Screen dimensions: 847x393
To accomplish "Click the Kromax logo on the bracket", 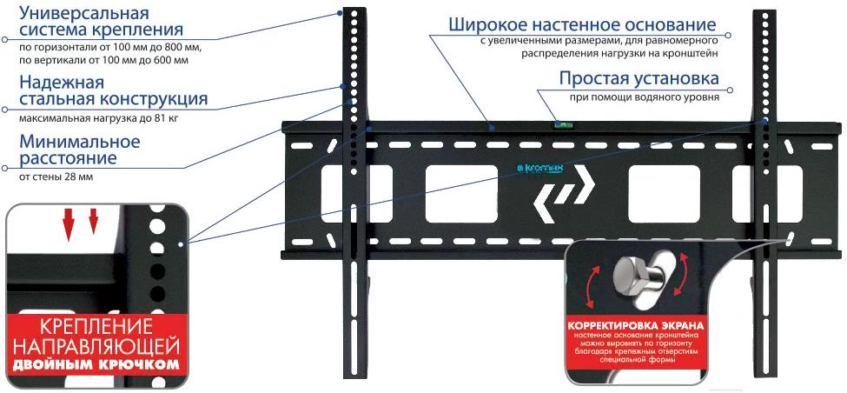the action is [540, 169].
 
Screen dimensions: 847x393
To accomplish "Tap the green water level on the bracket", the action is [559, 125].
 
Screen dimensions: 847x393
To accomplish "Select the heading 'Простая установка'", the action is [639, 78].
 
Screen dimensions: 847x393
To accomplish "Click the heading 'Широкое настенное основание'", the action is [582, 25].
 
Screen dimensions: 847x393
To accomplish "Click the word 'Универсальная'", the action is [84, 12].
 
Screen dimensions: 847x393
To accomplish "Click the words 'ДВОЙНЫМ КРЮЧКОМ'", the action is [96, 363].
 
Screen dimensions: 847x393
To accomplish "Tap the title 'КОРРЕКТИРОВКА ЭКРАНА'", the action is [635, 327].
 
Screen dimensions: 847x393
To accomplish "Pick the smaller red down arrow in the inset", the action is [94, 222].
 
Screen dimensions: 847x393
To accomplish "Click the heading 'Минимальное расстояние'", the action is [79, 150].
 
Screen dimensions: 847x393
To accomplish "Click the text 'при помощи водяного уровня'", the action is [644, 98].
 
